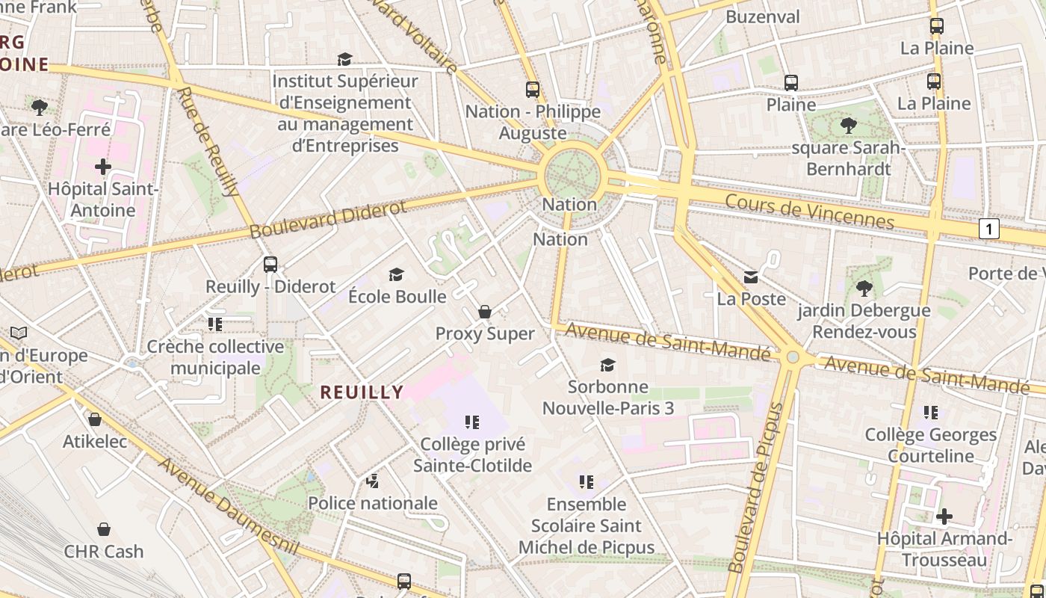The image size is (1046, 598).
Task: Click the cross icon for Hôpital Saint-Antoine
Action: [x=103, y=166]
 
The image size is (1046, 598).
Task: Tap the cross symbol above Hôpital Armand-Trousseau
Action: [x=944, y=516]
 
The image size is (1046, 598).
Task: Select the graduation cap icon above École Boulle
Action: [x=397, y=274]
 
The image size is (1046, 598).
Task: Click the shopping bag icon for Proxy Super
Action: [x=485, y=312]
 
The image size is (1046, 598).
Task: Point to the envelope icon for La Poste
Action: [x=751, y=277]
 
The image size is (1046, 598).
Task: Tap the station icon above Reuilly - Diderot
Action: [x=270, y=264]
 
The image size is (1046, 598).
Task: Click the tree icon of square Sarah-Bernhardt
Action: [x=848, y=125]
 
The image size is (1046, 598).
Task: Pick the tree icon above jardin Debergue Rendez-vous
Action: [x=864, y=288]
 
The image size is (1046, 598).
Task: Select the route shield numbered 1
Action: [x=988, y=229]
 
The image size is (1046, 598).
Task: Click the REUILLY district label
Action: [x=362, y=392]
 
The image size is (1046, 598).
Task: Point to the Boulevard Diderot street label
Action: [x=328, y=218]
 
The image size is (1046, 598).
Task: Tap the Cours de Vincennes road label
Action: [x=809, y=211]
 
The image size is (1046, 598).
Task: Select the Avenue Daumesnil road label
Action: [x=228, y=506]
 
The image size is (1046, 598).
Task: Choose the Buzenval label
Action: [x=762, y=16]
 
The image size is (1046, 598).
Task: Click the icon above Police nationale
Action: [x=372, y=481]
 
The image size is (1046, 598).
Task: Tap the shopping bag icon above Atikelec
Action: [x=95, y=419]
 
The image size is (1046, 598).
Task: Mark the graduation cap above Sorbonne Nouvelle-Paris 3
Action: [x=608, y=365]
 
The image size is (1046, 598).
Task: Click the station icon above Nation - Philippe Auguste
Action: [x=532, y=90]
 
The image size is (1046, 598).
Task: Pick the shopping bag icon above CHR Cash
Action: [x=104, y=529]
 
